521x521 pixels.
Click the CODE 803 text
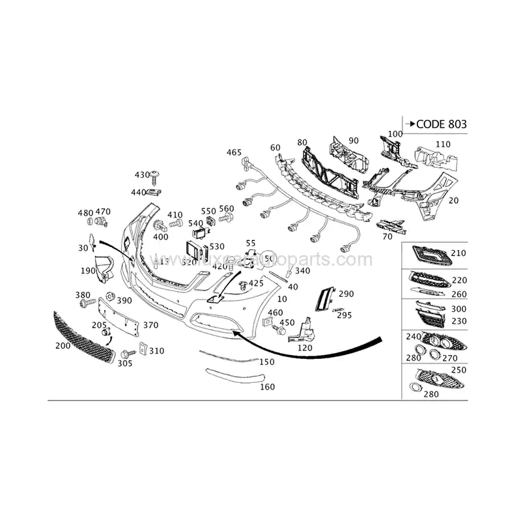click(441, 124)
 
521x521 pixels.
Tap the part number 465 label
click(234, 152)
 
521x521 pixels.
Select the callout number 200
click(63, 346)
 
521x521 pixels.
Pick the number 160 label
click(267, 386)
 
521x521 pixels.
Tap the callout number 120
click(304, 348)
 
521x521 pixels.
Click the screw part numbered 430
click(156, 176)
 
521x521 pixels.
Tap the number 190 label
click(88, 270)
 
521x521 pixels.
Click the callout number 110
click(443, 144)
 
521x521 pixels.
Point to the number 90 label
click(354, 140)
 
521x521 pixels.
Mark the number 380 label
click(83, 295)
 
